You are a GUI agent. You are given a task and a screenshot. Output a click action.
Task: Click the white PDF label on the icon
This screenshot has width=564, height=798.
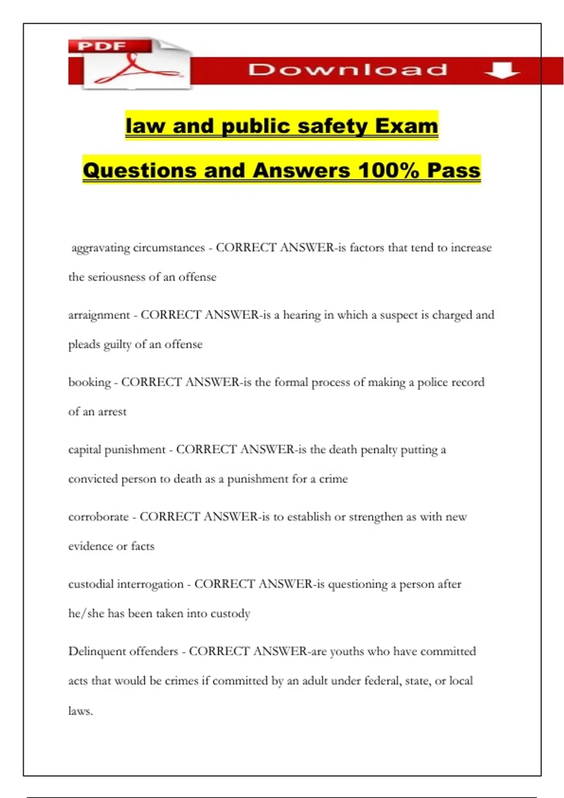(102, 46)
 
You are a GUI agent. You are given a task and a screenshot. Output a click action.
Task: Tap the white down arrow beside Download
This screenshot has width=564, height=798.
(502, 70)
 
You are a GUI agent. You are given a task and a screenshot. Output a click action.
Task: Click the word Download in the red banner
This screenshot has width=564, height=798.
(348, 70)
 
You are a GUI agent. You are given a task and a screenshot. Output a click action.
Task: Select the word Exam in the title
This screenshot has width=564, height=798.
(407, 126)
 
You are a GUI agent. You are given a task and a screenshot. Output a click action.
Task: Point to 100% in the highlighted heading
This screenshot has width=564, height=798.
(388, 170)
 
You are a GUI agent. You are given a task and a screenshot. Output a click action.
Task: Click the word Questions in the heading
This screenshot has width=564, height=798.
(140, 170)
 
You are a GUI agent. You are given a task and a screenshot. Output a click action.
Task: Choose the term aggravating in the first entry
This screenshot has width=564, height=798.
(100, 248)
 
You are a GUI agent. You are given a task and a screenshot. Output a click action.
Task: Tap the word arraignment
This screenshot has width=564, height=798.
(99, 315)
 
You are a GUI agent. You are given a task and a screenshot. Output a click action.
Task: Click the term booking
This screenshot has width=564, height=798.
(89, 382)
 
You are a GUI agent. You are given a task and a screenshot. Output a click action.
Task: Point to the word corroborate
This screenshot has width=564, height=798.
(98, 517)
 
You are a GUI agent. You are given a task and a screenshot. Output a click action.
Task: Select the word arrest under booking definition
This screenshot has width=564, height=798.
(112, 412)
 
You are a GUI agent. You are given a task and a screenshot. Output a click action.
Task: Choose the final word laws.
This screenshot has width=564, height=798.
(80, 711)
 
